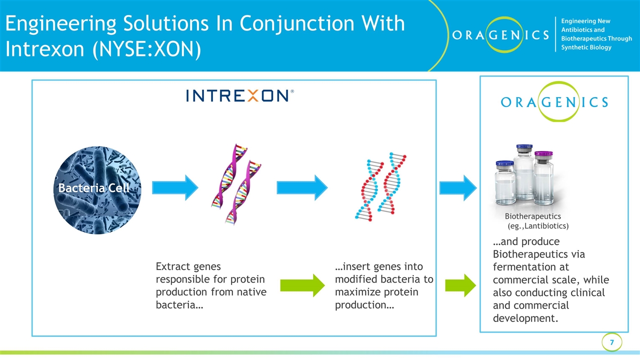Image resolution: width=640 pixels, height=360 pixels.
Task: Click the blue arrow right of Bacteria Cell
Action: pyautogui.click(x=174, y=187)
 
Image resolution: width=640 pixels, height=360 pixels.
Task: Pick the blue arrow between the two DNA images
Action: pyautogui.click(x=302, y=187)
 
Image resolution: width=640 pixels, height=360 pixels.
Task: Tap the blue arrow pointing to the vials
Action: pyautogui.click(x=457, y=187)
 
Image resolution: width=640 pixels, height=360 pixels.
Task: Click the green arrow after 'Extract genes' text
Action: pyautogui.click(x=302, y=285)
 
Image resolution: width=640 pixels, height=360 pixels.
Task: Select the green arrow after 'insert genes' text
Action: pyautogui.click(x=459, y=285)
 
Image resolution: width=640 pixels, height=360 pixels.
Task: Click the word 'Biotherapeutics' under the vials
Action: pyautogui.click(x=532, y=216)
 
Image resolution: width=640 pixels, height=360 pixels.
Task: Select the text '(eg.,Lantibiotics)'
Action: pyautogui.click(x=538, y=226)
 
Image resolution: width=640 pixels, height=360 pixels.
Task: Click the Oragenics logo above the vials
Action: pyautogui.click(x=554, y=102)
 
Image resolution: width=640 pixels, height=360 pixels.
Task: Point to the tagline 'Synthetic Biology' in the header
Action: pyautogui.click(x=586, y=47)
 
